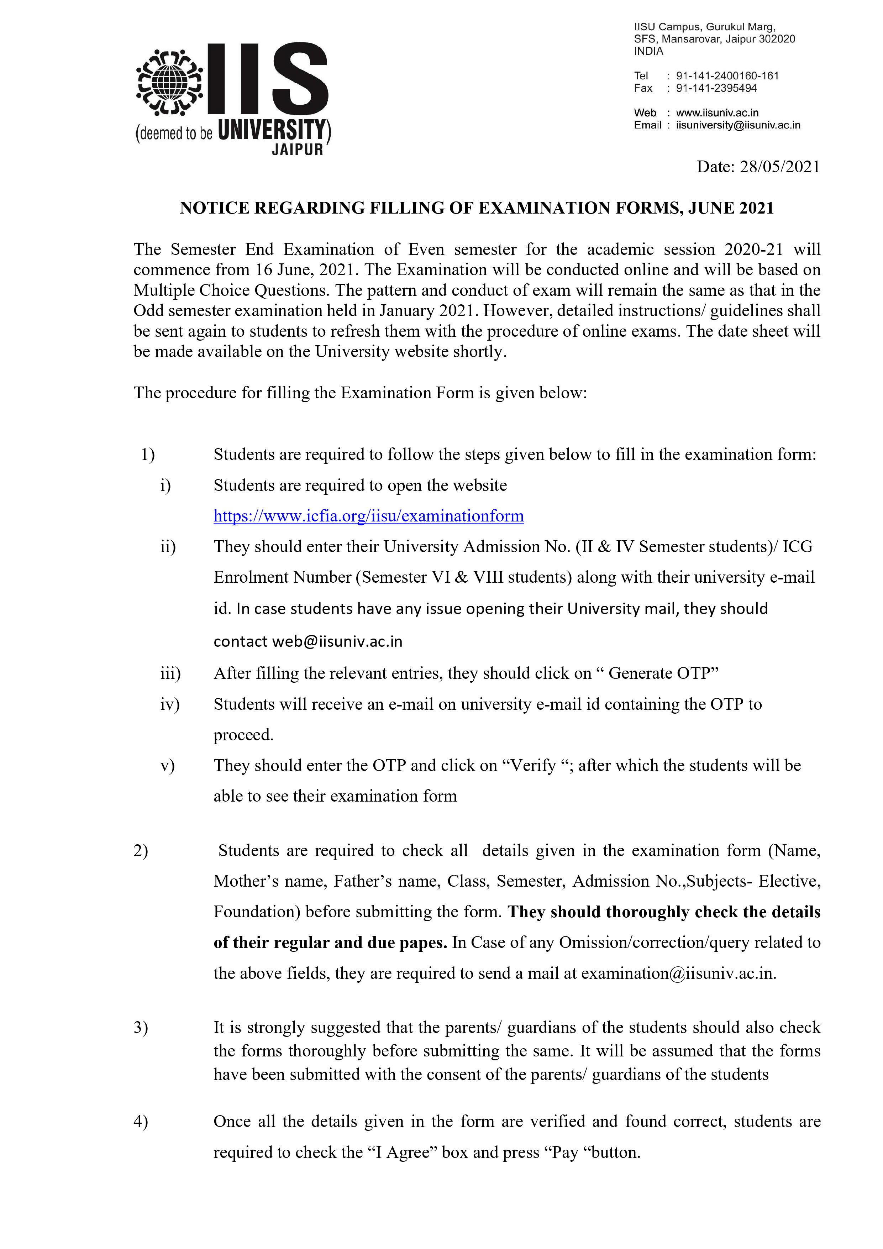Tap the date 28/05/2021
pyautogui.click(x=779, y=167)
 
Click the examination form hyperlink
pyautogui.click(x=368, y=516)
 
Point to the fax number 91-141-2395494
pyautogui.click(x=716, y=88)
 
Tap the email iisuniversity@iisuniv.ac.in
pyautogui.click(x=738, y=125)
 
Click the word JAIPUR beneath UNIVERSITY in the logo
pyautogui.click(x=298, y=149)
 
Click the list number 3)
pyautogui.click(x=140, y=1028)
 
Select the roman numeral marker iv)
pyautogui.click(x=169, y=704)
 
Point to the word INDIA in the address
pyautogui.click(x=648, y=52)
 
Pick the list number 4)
pyautogui.click(x=140, y=1122)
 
